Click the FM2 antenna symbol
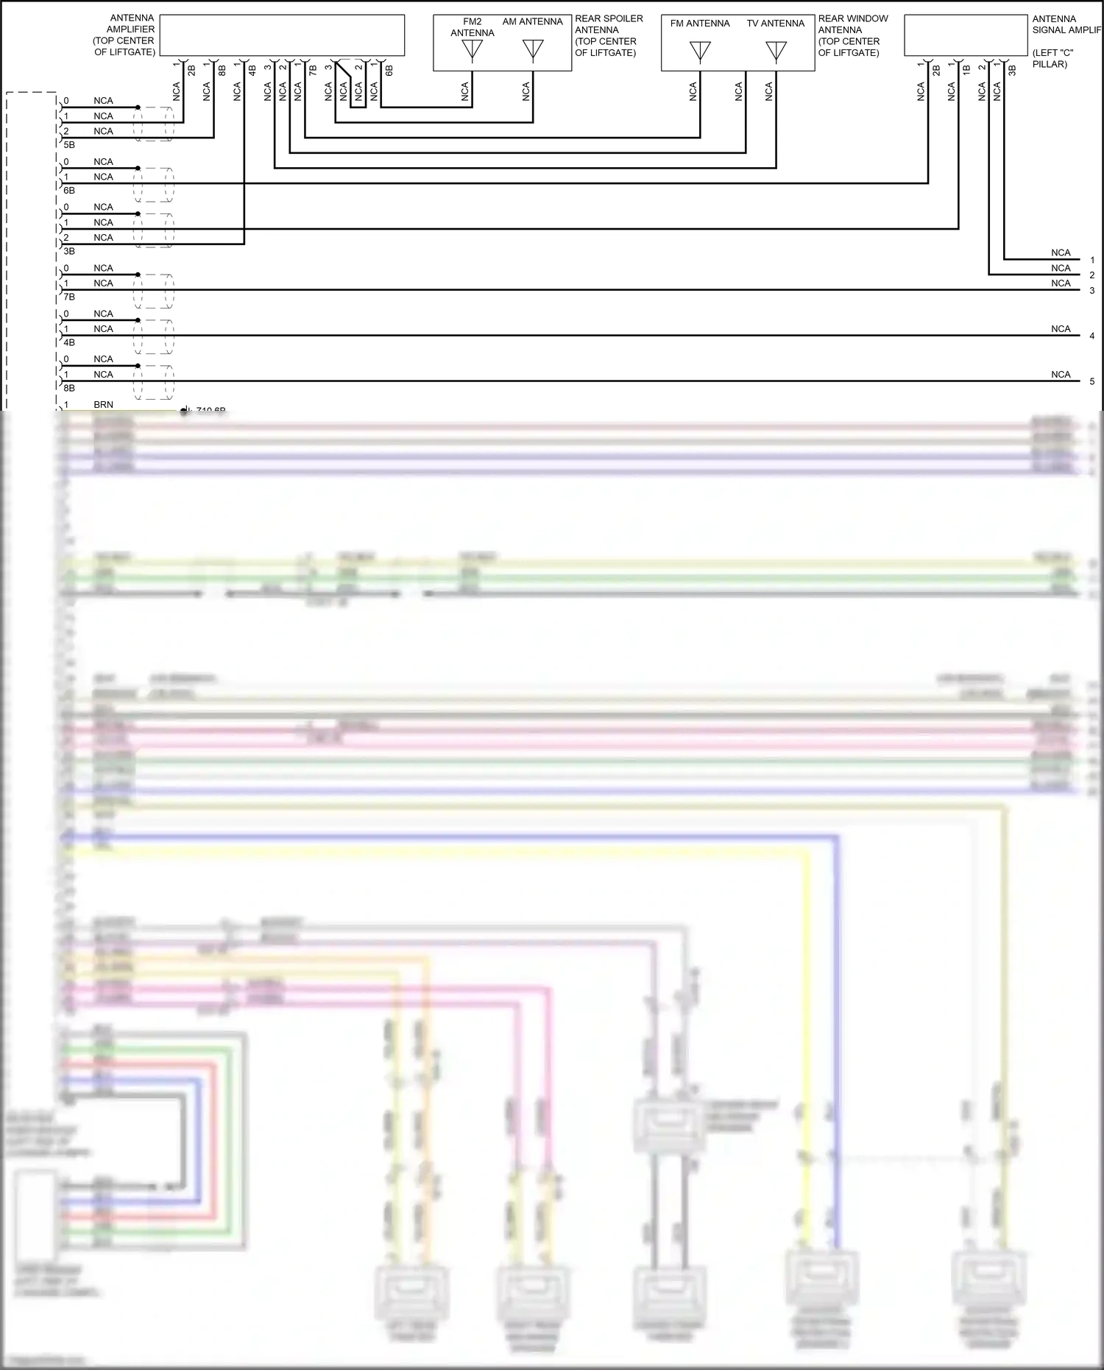point(472,51)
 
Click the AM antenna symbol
point(533,50)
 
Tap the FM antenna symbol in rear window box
point(700,52)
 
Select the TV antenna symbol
point(776,52)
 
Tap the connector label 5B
point(69,145)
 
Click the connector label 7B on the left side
point(69,297)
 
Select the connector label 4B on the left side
point(69,342)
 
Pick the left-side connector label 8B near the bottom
point(69,388)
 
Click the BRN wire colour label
point(103,405)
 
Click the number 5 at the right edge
point(1092,381)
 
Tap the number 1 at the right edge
point(1092,260)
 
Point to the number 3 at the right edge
point(1092,291)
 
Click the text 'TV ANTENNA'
point(776,24)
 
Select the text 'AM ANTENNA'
point(532,22)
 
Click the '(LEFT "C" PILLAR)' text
point(1052,59)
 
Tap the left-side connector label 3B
point(69,251)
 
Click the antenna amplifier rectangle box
point(282,35)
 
